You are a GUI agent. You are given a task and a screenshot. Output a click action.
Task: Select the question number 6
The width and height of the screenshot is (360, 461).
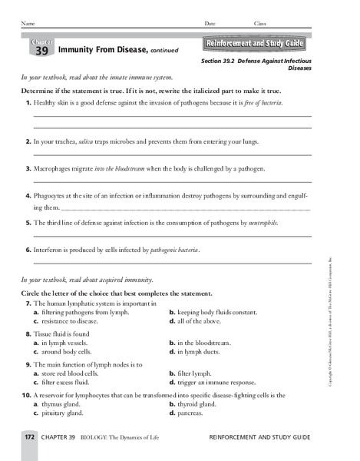pyautogui.click(x=28, y=250)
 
